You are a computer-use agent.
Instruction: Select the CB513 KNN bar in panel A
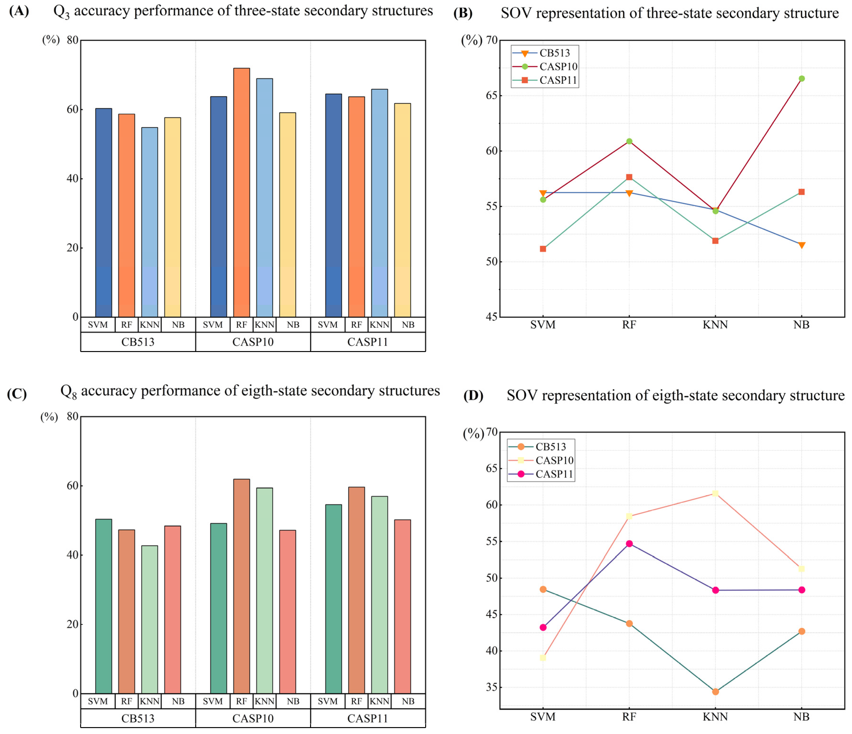tap(149, 222)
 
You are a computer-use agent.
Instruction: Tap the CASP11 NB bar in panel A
tap(402, 210)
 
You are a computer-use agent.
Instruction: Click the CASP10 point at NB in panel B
tap(801, 78)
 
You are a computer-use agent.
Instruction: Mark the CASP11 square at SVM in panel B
tap(543, 249)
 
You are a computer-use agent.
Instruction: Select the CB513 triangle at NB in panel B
tap(801, 245)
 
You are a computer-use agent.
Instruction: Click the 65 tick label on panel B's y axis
tap(491, 95)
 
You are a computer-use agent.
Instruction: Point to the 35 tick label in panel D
tap(491, 687)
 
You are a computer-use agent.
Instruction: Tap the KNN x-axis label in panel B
tap(715, 325)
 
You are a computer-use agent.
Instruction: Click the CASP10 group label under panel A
tap(253, 342)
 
